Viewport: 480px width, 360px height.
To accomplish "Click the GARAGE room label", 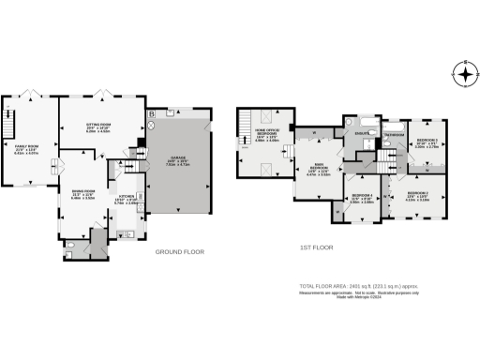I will pos(178,160).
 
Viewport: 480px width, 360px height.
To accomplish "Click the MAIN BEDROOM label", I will pos(320,170).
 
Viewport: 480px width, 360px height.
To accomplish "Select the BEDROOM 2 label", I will pos(418,195).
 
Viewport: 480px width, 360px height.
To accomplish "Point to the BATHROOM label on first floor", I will pos(394,135).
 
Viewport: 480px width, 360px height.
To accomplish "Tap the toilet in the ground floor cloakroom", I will pos(72,247).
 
